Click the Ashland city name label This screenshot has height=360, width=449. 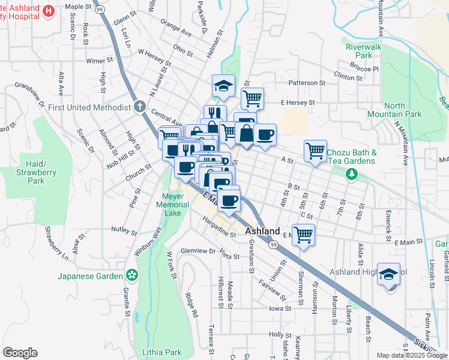pyautogui.click(x=262, y=231)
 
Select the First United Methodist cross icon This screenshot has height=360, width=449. pyautogui.click(x=139, y=107)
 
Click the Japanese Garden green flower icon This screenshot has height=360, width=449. pyautogui.click(x=131, y=276)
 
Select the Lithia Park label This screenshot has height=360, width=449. pyautogui.click(x=158, y=352)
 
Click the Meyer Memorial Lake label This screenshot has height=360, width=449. pyautogui.click(x=176, y=205)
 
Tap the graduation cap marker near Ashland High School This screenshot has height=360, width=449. pyautogui.click(x=388, y=274)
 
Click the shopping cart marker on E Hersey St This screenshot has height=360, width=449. pyautogui.click(x=253, y=98)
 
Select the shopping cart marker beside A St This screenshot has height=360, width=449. pyautogui.click(x=315, y=151)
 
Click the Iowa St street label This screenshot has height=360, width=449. pyautogui.click(x=280, y=308)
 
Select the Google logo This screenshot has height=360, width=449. pyautogui.click(x=20, y=353)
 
